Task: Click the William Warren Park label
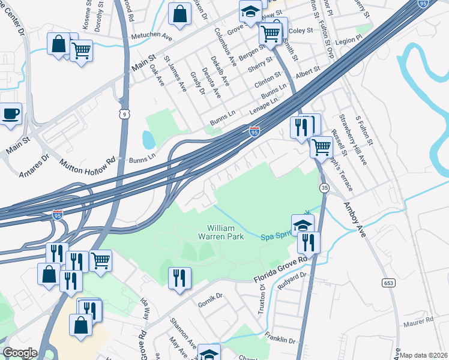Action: pyautogui.click(x=225, y=232)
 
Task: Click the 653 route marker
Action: pyautogui.click(x=387, y=281)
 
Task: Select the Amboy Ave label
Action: pyautogui.click(x=354, y=220)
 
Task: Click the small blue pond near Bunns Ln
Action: pyautogui.click(x=148, y=140)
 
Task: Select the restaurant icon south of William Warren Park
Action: pyautogui.click(x=179, y=278)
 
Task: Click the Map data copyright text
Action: pyautogui.click(x=423, y=355)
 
